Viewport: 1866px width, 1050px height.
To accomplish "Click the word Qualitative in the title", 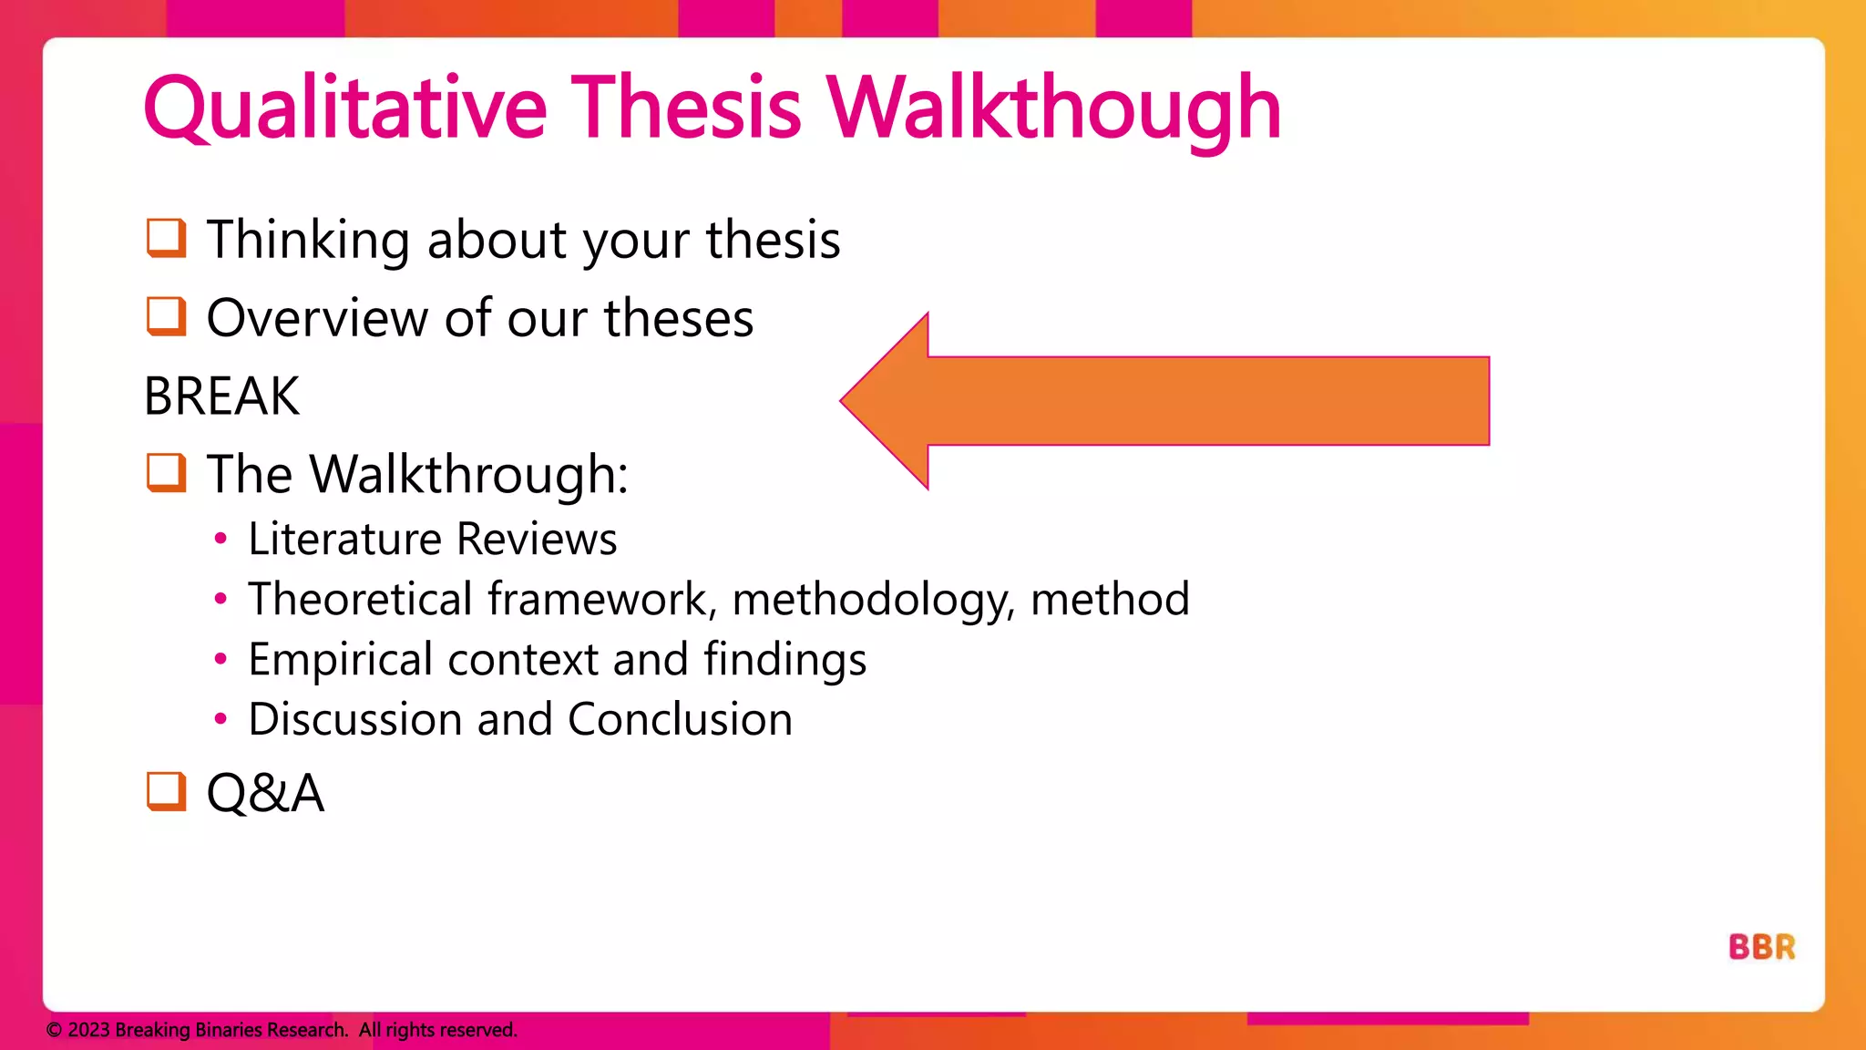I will pos(344,109).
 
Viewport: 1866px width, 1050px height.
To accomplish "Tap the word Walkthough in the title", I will pos(1053,109).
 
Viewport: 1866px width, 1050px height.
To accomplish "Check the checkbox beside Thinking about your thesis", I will pos(166,238).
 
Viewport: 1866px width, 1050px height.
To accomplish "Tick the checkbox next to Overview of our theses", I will pos(166,316).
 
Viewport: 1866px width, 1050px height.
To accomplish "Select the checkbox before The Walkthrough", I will pos(166,473).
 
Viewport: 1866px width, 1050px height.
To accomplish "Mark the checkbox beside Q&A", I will pos(166,791).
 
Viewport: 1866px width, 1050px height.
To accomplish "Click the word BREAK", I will pos(221,396).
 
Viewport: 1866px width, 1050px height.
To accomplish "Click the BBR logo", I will pos(1761,947).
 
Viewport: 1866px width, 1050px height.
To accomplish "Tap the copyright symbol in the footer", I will pos(54,1030).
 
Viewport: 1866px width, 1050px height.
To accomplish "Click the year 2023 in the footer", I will pos(88,1030).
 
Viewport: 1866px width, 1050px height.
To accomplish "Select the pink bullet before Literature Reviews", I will pos(220,539).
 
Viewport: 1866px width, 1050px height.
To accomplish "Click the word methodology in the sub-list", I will pos(873,600).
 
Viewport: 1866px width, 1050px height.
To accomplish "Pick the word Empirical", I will pos(340,659).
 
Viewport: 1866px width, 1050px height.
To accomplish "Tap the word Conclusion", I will pos(680,719).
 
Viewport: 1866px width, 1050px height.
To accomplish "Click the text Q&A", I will pos(265,792).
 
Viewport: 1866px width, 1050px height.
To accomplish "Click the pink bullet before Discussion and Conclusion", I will pos(220,719).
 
